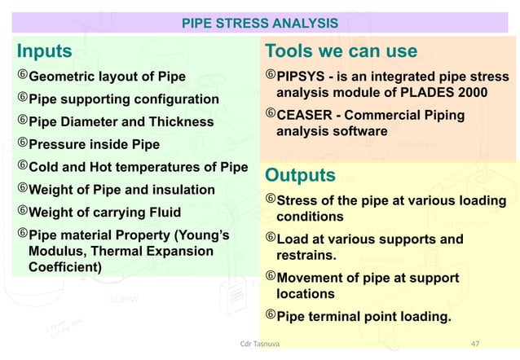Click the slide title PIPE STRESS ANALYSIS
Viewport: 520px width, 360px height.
[259, 22]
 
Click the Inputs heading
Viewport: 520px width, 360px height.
[45, 52]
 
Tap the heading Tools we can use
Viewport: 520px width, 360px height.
[341, 52]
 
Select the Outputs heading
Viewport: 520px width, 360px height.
[300, 176]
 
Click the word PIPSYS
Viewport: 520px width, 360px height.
[303, 77]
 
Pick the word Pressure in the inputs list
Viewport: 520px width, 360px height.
[58, 145]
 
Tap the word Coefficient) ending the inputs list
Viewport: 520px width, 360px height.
[65, 266]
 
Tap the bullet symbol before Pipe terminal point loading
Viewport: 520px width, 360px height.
[271, 315]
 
